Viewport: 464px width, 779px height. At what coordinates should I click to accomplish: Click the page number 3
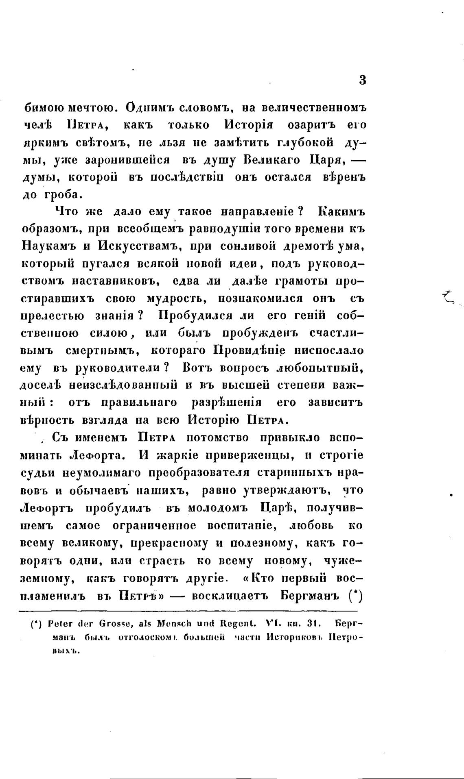click(x=363, y=80)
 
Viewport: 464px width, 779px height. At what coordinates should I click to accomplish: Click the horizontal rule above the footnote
click(x=187, y=611)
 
